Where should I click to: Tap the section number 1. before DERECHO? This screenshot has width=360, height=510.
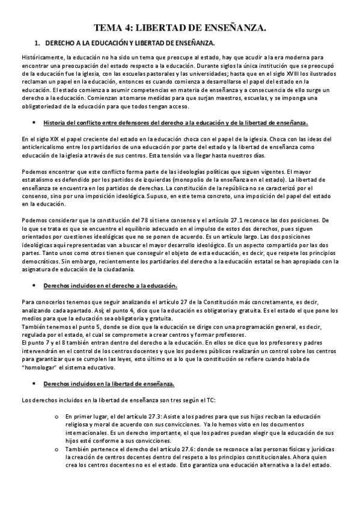tap(37, 43)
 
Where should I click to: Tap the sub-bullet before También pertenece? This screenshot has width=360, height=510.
tap(56, 449)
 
